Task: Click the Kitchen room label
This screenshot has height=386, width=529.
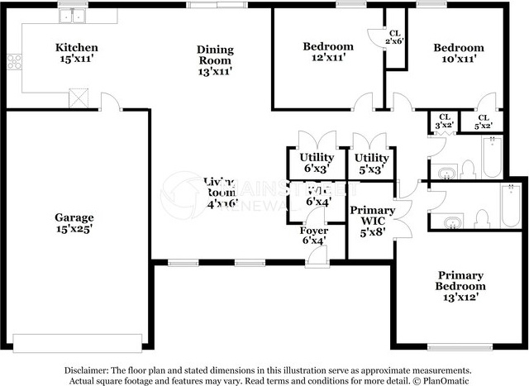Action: [x=76, y=53]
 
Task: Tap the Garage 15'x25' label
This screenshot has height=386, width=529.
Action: [x=74, y=224]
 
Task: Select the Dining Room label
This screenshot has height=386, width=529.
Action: [x=214, y=60]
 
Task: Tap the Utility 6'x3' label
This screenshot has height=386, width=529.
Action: [x=317, y=162]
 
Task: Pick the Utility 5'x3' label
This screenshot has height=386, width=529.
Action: [x=371, y=162]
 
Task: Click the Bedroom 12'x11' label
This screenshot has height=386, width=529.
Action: [x=327, y=52]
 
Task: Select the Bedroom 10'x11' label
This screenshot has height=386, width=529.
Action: [x=459, y=53]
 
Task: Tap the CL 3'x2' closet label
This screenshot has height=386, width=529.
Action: [x=445, y=121]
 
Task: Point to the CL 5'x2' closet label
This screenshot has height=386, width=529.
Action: [x=483, y=121]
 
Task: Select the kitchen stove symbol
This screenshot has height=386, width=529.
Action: [x=13, y=60]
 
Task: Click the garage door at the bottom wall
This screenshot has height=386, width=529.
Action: [x=79, y=341]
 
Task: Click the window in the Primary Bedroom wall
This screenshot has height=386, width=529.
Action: [x=457, y=346]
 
